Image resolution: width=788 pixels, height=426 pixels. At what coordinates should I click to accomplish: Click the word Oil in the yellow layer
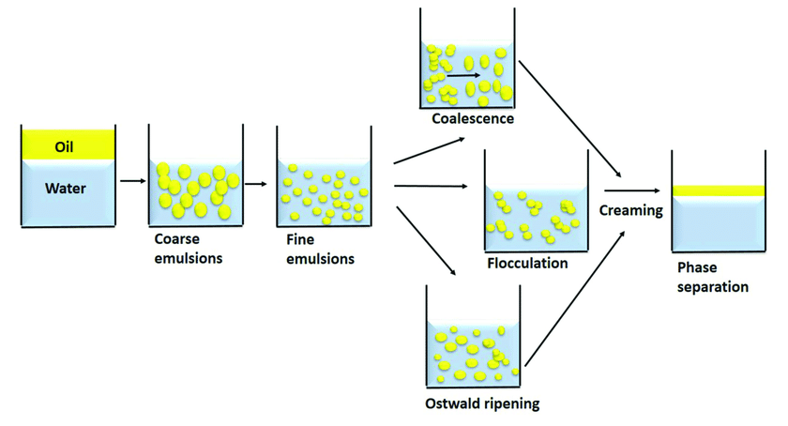click(x=64, y=147)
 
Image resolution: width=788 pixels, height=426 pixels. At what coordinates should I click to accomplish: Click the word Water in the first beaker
click(x=66, y=189)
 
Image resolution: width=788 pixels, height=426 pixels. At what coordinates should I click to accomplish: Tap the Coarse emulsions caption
click(x=189, y=249)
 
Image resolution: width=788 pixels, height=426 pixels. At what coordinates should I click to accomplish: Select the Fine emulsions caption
click(x=320, y=249)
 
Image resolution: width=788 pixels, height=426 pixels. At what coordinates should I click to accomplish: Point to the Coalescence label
click(x=473, y=118)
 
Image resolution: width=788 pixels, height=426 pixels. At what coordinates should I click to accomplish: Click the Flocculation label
click(x=527, y=263)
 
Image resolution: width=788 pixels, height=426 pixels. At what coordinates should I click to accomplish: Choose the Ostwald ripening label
click(x=482, y=403)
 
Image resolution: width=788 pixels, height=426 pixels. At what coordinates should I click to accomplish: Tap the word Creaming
click(x=631, y=210)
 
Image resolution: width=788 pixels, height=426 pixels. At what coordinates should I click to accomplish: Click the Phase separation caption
click(x=713, y=277)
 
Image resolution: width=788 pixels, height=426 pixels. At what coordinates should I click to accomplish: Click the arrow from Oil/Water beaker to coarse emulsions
click(x=133, y=181)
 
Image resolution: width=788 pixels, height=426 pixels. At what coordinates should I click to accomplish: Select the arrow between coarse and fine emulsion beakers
click(x=256, y=184)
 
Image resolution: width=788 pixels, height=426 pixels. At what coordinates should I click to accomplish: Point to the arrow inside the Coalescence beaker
click(x=463, y=75)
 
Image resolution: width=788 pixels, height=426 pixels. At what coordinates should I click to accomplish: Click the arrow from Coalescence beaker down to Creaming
click(x=570, y=119)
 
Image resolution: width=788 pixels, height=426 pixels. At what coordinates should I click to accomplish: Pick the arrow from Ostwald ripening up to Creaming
click(x=575, y=298)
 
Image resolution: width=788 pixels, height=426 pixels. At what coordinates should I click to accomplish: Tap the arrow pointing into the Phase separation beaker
click(x=632, y=190)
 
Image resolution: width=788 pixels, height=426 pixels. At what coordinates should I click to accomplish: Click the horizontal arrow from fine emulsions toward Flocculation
click(x=431, y=186)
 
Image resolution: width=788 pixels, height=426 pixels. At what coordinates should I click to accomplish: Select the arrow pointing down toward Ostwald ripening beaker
click(x=426, y=241)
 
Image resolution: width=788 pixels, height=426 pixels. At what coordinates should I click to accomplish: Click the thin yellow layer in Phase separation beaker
click(x=719, y=190)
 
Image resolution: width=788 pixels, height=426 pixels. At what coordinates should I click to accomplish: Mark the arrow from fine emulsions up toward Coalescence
click(x=430, y=150)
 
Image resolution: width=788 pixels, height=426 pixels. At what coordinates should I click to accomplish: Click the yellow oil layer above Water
click(x=68, y=145)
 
